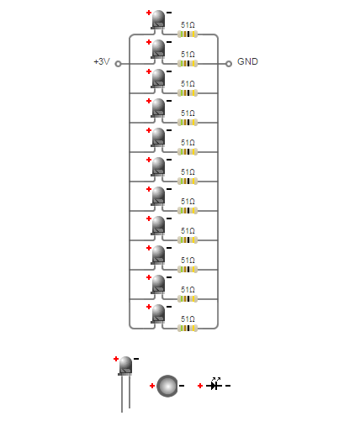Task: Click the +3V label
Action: coord(102,61)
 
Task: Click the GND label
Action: coord(247,61)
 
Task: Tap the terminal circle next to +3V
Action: coord(119,64)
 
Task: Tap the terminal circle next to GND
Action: coord(229,64)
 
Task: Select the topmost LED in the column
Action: coord(158,19)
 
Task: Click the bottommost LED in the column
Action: coord(158,313)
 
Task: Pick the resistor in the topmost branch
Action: coord(188,34)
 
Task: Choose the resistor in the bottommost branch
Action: coord(188,329)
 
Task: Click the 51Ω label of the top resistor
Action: coord(188,25)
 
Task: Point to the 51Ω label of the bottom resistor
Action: coord(188,319)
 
